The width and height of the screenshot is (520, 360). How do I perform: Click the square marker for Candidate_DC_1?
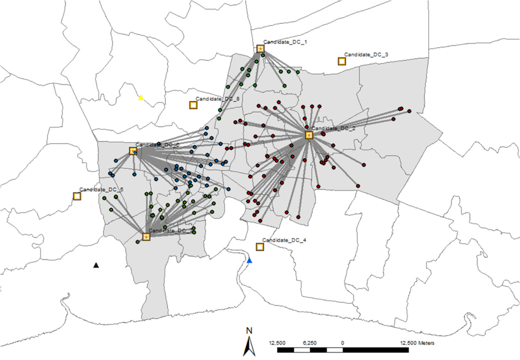pyautogui.click(x=260, y=48)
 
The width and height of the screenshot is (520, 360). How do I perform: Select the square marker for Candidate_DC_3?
pyautogui.click(x=341, y=61)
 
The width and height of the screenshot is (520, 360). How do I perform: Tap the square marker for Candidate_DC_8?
pyautogui.click(x=193, y=105)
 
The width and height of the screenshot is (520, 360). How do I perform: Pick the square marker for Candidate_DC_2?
pyautogui.click(x=309, y=135)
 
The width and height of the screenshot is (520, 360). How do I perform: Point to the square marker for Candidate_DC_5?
pyautogui.click(x=77, y=196)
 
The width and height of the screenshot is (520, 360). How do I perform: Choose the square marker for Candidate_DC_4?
pyautogui.click(x=259, y=246)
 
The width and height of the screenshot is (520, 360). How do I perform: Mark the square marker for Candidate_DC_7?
pyautogui.click(x=146, y=236)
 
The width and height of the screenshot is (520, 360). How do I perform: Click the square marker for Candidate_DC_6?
pyautogui.click(x=133, y=151)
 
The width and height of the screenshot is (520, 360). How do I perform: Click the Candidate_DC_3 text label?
pyautogui.click(x=366, y=54)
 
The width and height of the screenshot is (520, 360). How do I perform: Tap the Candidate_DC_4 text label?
pyautogui.click(x=284, y=240)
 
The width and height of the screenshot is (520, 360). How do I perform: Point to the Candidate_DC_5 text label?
pyautogui.click(x=102, y=190)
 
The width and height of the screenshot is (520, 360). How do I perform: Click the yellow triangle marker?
pyautogui.click(x=141, y=97)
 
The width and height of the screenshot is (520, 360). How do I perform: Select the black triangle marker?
pyautogui.click(x=95, y=265)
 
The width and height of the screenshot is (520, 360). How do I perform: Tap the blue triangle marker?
pyautogui.click(x=249, y=261)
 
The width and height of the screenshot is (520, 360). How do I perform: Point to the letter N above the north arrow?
pyautogui.click(x=250, y=331)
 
